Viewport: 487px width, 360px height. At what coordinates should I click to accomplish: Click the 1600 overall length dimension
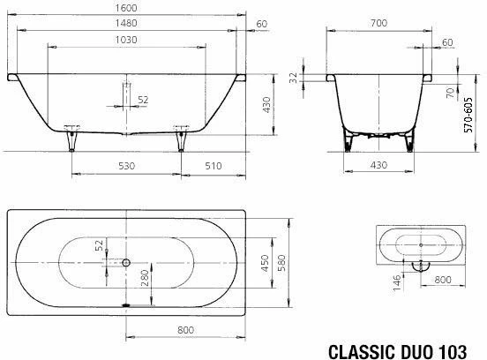(x=126, y=7)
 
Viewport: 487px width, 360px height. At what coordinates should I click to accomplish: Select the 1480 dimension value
(x=126, y=23)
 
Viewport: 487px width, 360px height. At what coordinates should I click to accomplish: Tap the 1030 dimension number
(x=126, y=40)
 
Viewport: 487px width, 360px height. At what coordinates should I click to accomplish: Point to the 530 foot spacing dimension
(x=127, y=166)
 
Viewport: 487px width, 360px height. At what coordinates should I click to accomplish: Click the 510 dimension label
(x=214, y=166)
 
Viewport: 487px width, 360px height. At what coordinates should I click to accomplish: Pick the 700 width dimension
(x=378, y=23)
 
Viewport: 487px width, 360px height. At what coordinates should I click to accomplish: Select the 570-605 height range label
(x=468, y=116)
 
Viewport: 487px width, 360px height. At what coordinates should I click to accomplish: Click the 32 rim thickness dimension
(x=294, y=78)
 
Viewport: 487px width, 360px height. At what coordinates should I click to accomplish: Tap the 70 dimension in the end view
(x=450, y=93)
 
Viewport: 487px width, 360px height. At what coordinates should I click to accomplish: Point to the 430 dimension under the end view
(x=378, y=165)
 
